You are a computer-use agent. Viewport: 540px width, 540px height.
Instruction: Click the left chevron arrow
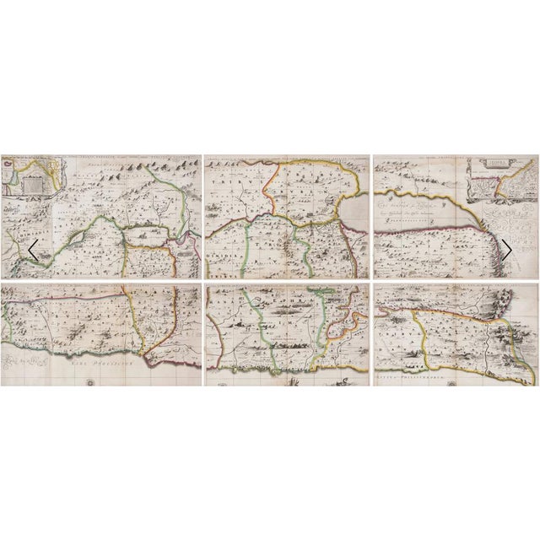coord(33,250)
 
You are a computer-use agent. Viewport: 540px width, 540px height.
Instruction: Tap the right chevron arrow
coord(506,250)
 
